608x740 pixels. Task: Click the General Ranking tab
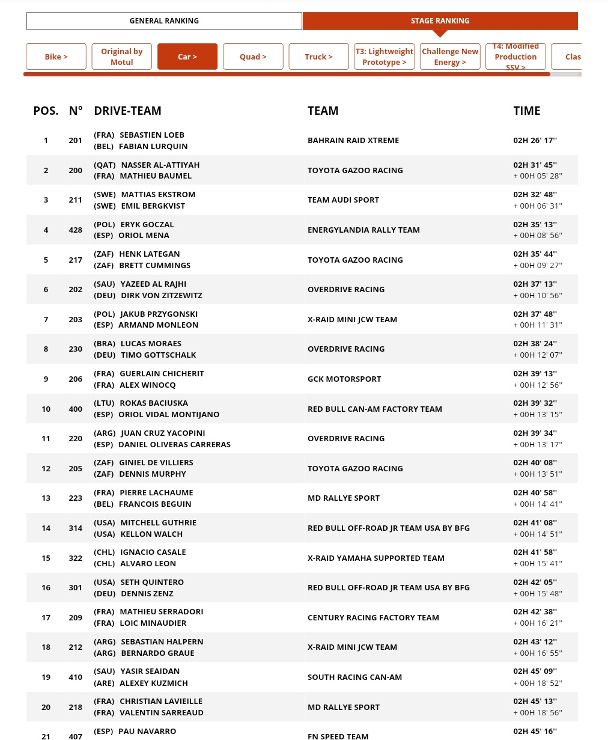(164, 21)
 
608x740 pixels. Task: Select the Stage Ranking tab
(440, 21)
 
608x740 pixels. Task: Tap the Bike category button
(56, 57)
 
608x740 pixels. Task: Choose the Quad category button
(253, 57)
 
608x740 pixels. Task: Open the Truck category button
(318, 57)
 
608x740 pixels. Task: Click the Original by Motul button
(121, 57)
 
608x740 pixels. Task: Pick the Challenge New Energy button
(450, 57)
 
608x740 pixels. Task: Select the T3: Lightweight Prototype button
(385, 57)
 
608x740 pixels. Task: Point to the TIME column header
(527, 111)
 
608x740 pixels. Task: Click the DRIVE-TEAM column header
(127, 111)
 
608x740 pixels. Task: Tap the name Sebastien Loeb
(152, 135)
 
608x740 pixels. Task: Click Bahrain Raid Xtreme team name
(353, 141)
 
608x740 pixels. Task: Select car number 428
(76, 230)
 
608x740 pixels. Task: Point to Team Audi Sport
(343, 200)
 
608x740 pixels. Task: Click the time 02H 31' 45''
(535, 165)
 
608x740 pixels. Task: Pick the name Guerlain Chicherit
(162, 373)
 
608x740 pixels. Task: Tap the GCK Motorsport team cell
(344, 379)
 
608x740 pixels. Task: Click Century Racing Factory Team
(373, 617)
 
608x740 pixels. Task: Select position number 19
(46, 677)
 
